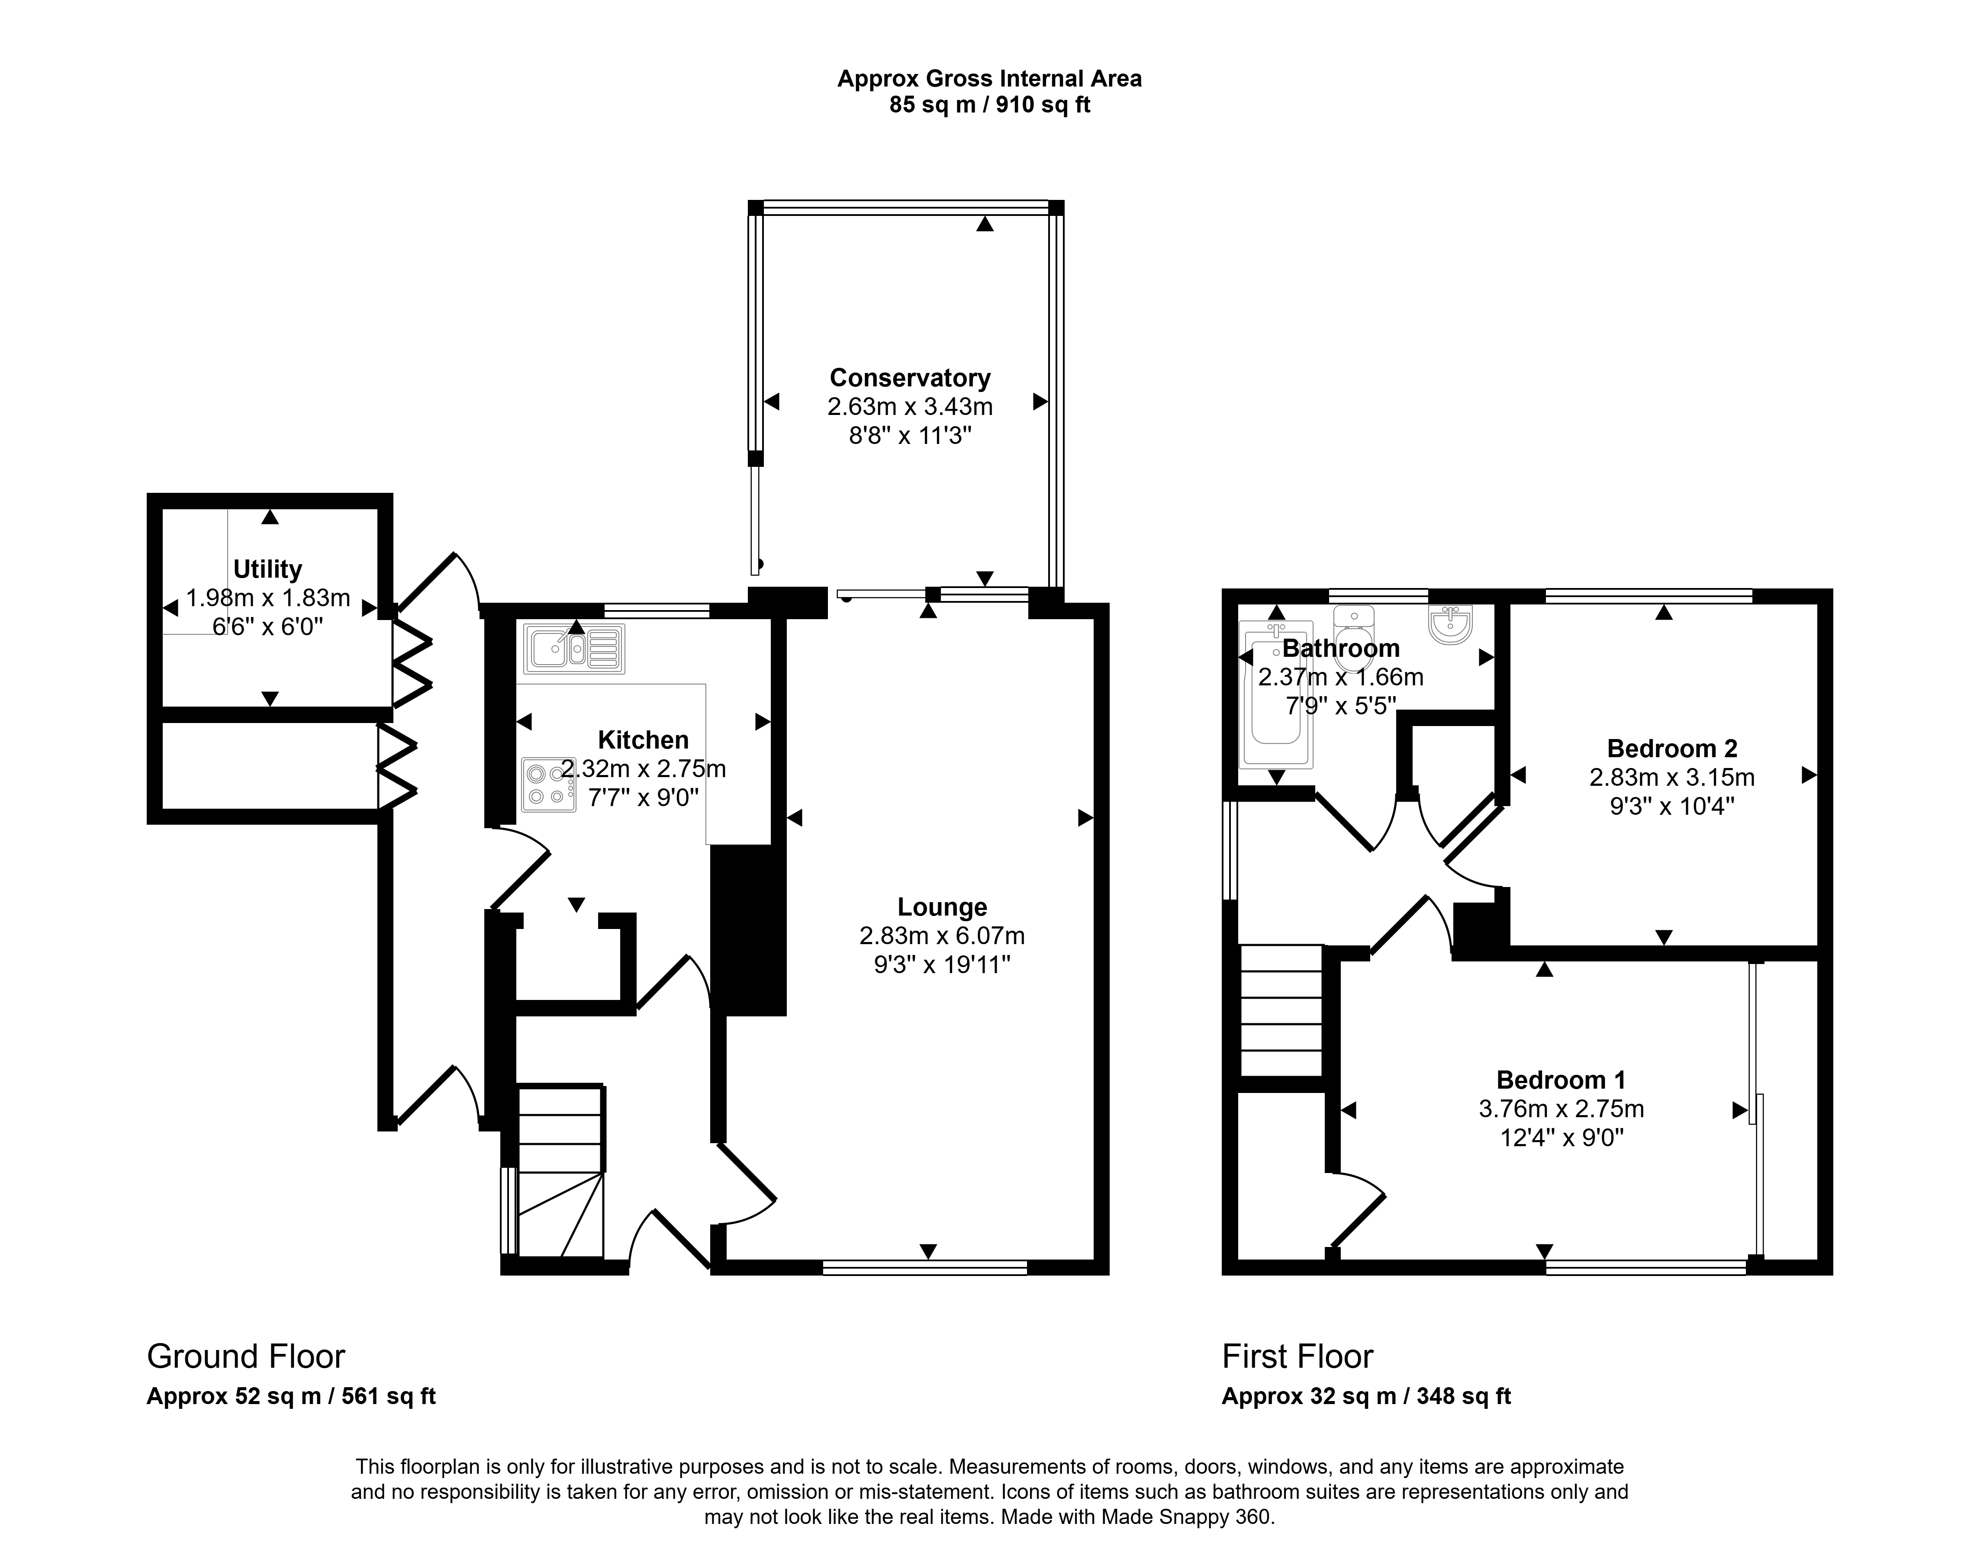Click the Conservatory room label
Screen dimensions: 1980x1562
coord(910,378)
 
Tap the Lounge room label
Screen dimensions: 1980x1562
coord(942,907)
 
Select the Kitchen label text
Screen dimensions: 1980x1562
coord(643,740)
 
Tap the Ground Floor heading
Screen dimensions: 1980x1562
coord(246,1356)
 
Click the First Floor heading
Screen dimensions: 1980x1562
coord(1298,1356)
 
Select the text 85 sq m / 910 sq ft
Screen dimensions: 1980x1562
coord(989,105)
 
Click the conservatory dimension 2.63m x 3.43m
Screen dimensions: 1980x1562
coord(910,406)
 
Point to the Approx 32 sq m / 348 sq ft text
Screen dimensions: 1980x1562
coord(1366,1396)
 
